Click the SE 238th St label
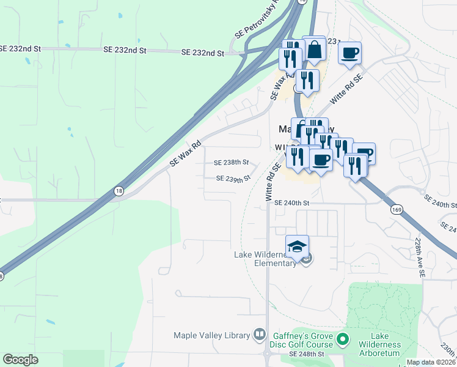point(231,163)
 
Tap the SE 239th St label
point(233,179)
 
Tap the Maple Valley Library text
point(212,335)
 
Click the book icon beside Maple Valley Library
point(260,335)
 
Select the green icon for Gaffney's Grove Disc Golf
point(343,338)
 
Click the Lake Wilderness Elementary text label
point(268,259)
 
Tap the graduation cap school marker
point(297,247)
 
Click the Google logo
point(20,360)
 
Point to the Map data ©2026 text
point(431,362)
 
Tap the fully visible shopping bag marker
point(315,51)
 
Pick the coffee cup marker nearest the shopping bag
point(349,53)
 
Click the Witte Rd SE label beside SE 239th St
point(273,177)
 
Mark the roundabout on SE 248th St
point(267,354)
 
